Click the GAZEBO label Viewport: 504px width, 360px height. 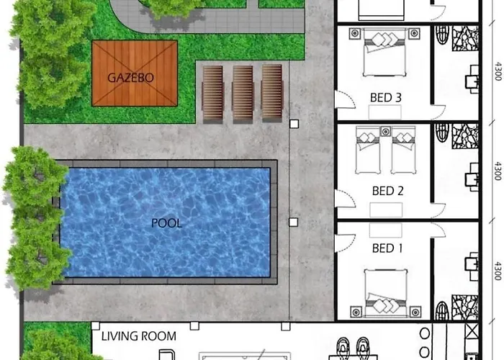click(130, 78)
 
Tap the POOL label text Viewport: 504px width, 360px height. click(166, 223)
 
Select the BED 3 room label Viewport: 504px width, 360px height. click(386, 98)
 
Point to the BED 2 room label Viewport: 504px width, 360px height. click(387, 191)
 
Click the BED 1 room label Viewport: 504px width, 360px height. click(387, 248)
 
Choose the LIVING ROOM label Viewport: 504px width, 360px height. click(139, 336)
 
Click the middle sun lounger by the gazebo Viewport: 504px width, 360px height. click(243, 93)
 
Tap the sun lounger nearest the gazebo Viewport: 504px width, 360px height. click(212, 94)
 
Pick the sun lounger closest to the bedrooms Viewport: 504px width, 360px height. click(272, 93)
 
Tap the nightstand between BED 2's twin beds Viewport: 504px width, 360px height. click(385, 131)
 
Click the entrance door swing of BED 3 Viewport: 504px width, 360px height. click(345, 99)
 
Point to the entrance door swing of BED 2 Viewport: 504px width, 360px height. click(345, 198)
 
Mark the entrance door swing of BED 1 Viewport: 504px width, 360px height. click(345, 243)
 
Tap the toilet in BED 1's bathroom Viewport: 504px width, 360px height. click(442, 310)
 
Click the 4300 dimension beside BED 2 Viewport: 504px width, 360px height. click(498, 171)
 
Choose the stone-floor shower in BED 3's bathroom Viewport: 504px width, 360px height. click(465, 39)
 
